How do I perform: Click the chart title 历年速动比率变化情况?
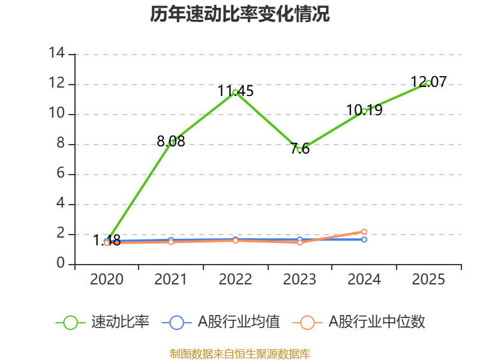240,14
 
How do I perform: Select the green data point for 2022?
235,92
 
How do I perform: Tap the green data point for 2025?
428,83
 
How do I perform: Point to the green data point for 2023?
299,149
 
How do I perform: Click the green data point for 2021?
171,142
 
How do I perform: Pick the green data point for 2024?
364,111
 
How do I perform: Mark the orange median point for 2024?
364,232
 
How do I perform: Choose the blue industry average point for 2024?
364,239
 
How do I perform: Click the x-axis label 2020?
107,280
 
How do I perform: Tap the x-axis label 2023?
299,280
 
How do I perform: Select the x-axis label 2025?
428,280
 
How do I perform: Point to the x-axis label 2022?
235,280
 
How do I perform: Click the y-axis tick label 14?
57,53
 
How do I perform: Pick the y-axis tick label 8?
61,144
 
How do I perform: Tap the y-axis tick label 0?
61,264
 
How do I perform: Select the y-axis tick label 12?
57,83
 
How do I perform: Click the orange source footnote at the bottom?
240,353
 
